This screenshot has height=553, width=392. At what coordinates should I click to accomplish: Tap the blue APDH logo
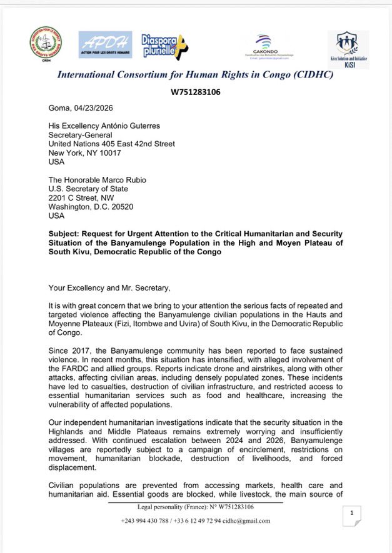coord(105,45)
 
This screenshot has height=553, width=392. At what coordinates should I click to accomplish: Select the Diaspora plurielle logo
coord(163,45)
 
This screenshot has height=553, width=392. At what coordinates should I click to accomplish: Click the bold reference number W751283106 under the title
coord(196,92)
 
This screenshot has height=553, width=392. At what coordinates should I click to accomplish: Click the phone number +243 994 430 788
coord(146,520)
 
